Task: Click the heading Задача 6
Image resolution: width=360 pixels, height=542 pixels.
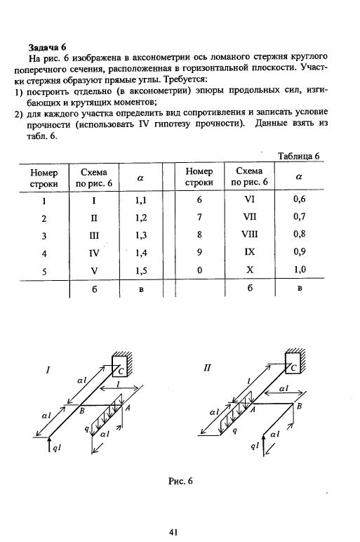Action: click(47, 47)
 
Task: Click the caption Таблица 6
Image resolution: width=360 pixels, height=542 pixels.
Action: click(298, 156)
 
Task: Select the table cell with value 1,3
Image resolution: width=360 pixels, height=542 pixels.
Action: click(141, 235)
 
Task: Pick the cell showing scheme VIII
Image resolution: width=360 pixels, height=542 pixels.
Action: click(249, 234)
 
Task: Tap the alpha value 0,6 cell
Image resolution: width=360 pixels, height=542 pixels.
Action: click(300, 199)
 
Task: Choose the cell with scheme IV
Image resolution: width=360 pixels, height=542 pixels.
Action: click(94, 253)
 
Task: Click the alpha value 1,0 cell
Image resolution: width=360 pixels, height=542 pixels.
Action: click(300, 270)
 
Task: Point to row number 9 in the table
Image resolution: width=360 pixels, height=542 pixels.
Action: click(200, 252)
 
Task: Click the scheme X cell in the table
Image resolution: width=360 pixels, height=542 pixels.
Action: click(250, 270)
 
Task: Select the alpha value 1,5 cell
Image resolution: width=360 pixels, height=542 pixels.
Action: click(141, 271)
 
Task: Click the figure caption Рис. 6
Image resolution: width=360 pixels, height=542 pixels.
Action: click(180, 481)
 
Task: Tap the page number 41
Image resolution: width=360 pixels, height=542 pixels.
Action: click(173, 532)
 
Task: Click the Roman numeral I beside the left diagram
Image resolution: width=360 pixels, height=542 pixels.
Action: click(48, 370)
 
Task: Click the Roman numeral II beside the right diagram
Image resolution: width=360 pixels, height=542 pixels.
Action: click(207, 368)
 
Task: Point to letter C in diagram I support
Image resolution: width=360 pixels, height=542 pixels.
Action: click(121, 371)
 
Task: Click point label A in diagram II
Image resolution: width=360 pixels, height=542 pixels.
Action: click(253, 409)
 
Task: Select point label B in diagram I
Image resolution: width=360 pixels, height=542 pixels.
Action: click(82, 411)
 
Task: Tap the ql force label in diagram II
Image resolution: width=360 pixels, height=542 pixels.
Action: click(255, 447)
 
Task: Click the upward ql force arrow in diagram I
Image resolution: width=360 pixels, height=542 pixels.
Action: click(48, 444)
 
